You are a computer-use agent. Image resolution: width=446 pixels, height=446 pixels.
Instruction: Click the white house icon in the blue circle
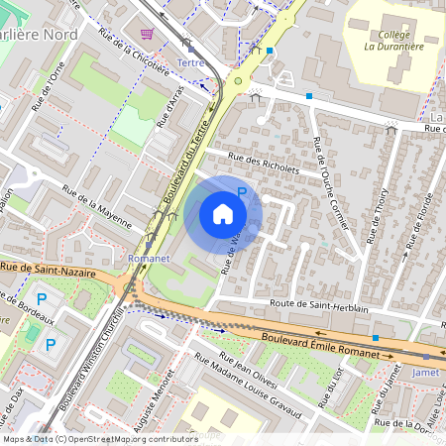coord(223,214)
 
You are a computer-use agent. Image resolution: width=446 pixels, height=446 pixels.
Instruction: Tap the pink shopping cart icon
coord(147,34)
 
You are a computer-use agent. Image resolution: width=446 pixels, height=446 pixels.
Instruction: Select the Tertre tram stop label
coord(190,62)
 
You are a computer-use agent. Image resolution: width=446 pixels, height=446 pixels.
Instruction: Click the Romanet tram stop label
coord(150,259)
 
